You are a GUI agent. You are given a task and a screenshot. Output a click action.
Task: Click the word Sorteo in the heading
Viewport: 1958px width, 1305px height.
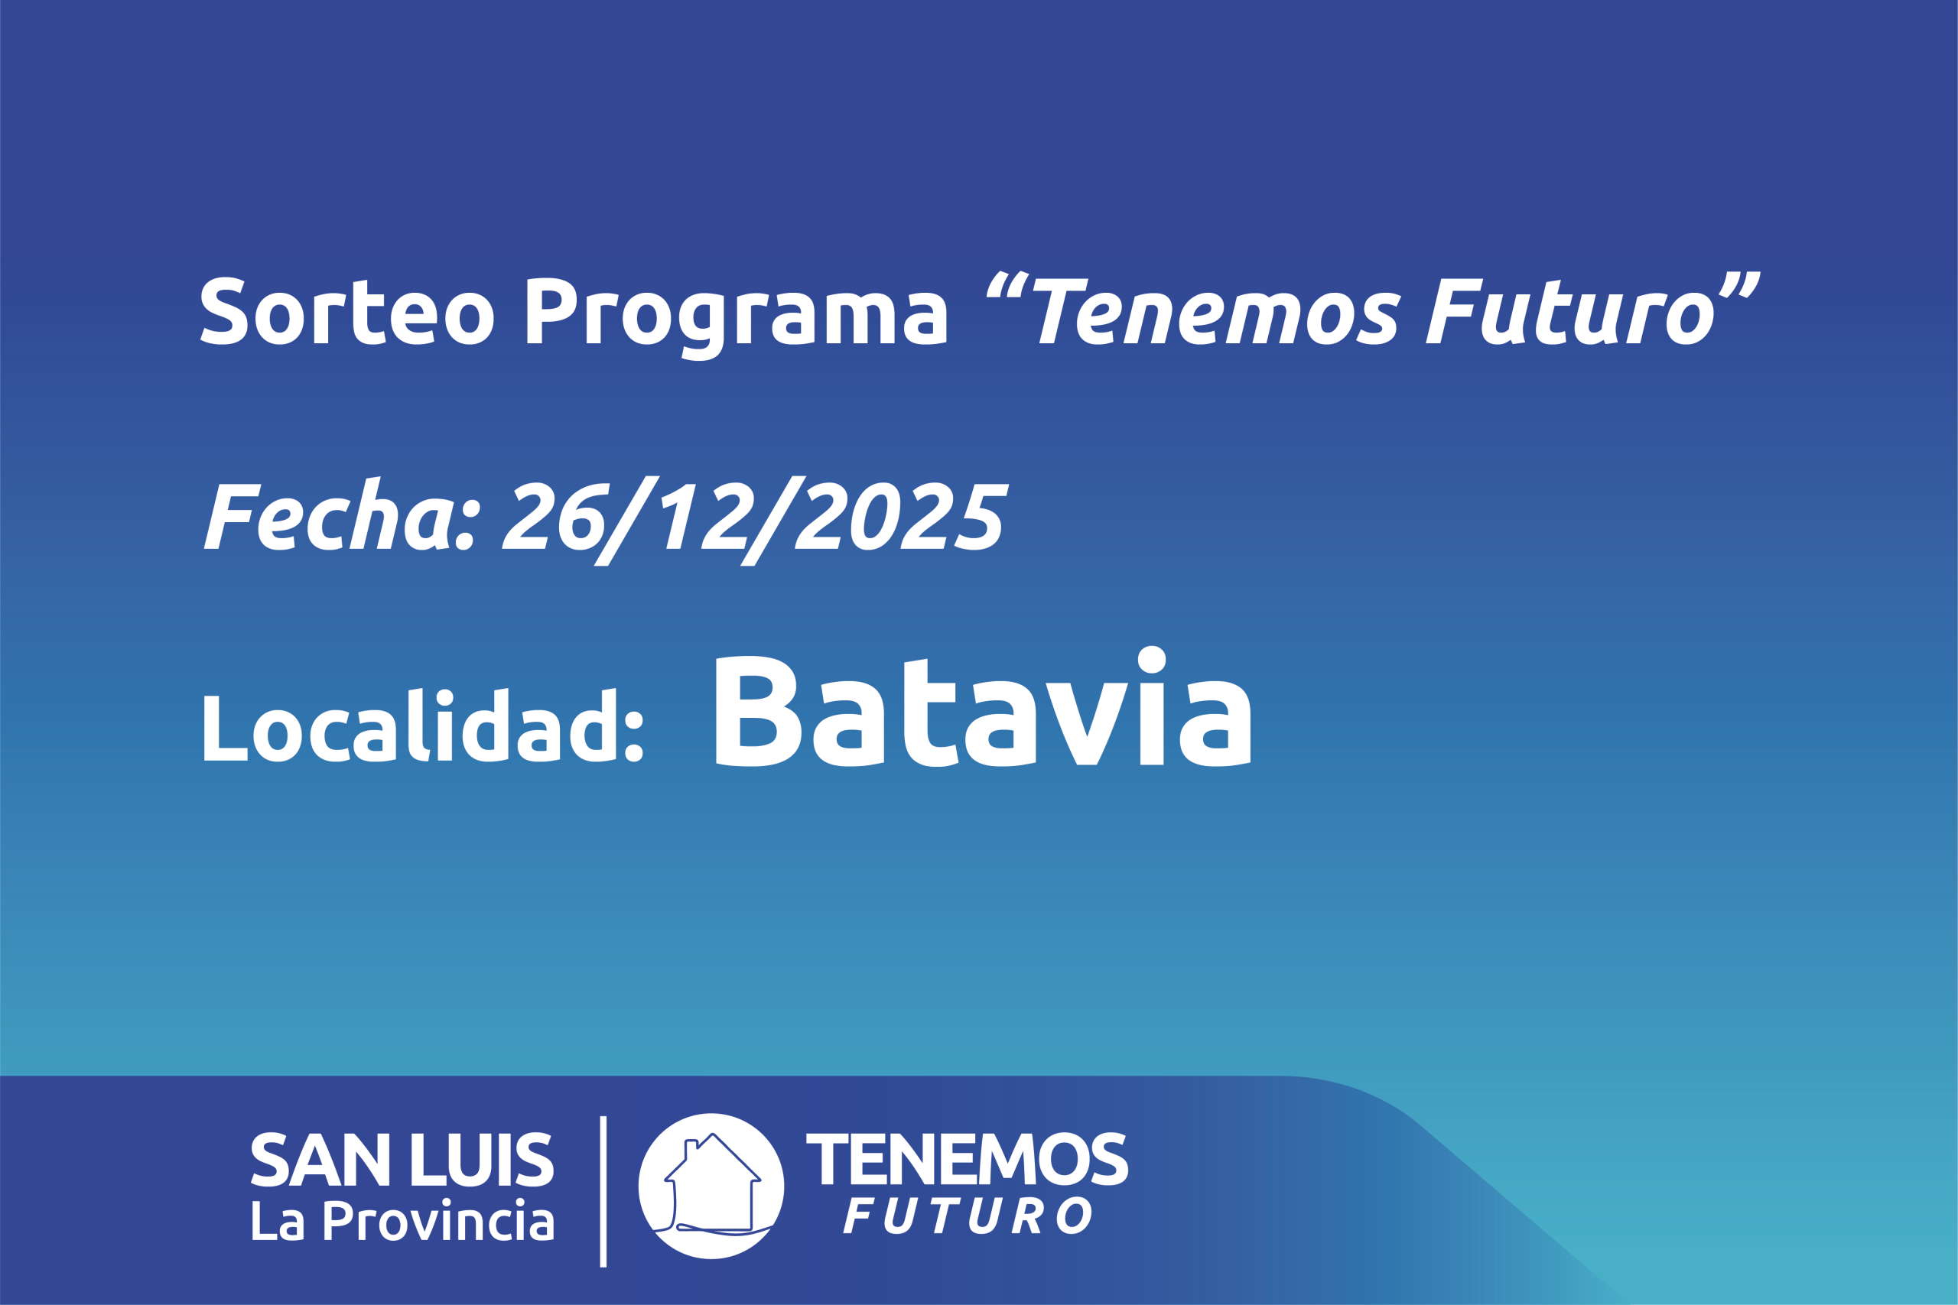pos(347,310)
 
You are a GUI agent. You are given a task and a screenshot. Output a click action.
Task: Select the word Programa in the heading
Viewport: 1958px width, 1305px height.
pos(737,319)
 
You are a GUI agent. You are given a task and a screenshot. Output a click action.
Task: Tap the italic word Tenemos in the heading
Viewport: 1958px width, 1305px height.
pos(1216,311)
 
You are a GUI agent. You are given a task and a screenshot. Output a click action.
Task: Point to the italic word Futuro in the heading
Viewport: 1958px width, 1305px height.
pos(1569,311)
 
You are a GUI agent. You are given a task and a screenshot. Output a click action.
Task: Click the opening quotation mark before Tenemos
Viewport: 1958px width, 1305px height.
pos(1007,284)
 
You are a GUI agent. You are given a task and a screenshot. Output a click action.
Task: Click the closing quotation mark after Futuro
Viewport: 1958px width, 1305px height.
pos(1739,284)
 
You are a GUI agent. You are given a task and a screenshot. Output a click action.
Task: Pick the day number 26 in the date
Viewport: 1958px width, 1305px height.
pos(555,516)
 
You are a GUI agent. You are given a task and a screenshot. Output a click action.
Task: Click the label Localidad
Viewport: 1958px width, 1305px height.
pos(424,725)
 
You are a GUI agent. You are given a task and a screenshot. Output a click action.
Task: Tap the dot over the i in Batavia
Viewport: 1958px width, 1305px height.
pos(1151,660)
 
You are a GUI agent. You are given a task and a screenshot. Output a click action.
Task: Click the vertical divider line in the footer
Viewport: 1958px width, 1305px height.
pos(603,1192)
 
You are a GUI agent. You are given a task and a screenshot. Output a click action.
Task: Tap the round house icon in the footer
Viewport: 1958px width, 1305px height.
pos(711,1186)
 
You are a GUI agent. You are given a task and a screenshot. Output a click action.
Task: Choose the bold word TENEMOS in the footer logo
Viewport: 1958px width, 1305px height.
pos(968,1158)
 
